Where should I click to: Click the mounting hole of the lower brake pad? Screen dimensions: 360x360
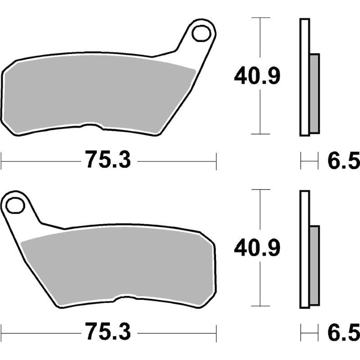pyautogui.click(x=16, y=205)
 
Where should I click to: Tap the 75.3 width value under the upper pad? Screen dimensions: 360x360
pyautogui.click(x=108, y=160)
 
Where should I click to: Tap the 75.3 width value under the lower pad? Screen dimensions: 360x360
pyautogui.click(x=108, y=333)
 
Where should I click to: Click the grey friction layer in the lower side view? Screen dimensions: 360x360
pyautogui.click(x=315, y=265)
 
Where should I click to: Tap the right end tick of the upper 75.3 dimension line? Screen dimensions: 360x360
pyautogui.click(x=216, y=161)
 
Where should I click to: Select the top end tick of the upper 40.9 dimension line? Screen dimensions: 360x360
pyautogui.click(x=260, y=18)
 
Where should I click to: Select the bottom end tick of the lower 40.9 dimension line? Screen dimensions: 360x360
pyautogui.click(x=260, y=306)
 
